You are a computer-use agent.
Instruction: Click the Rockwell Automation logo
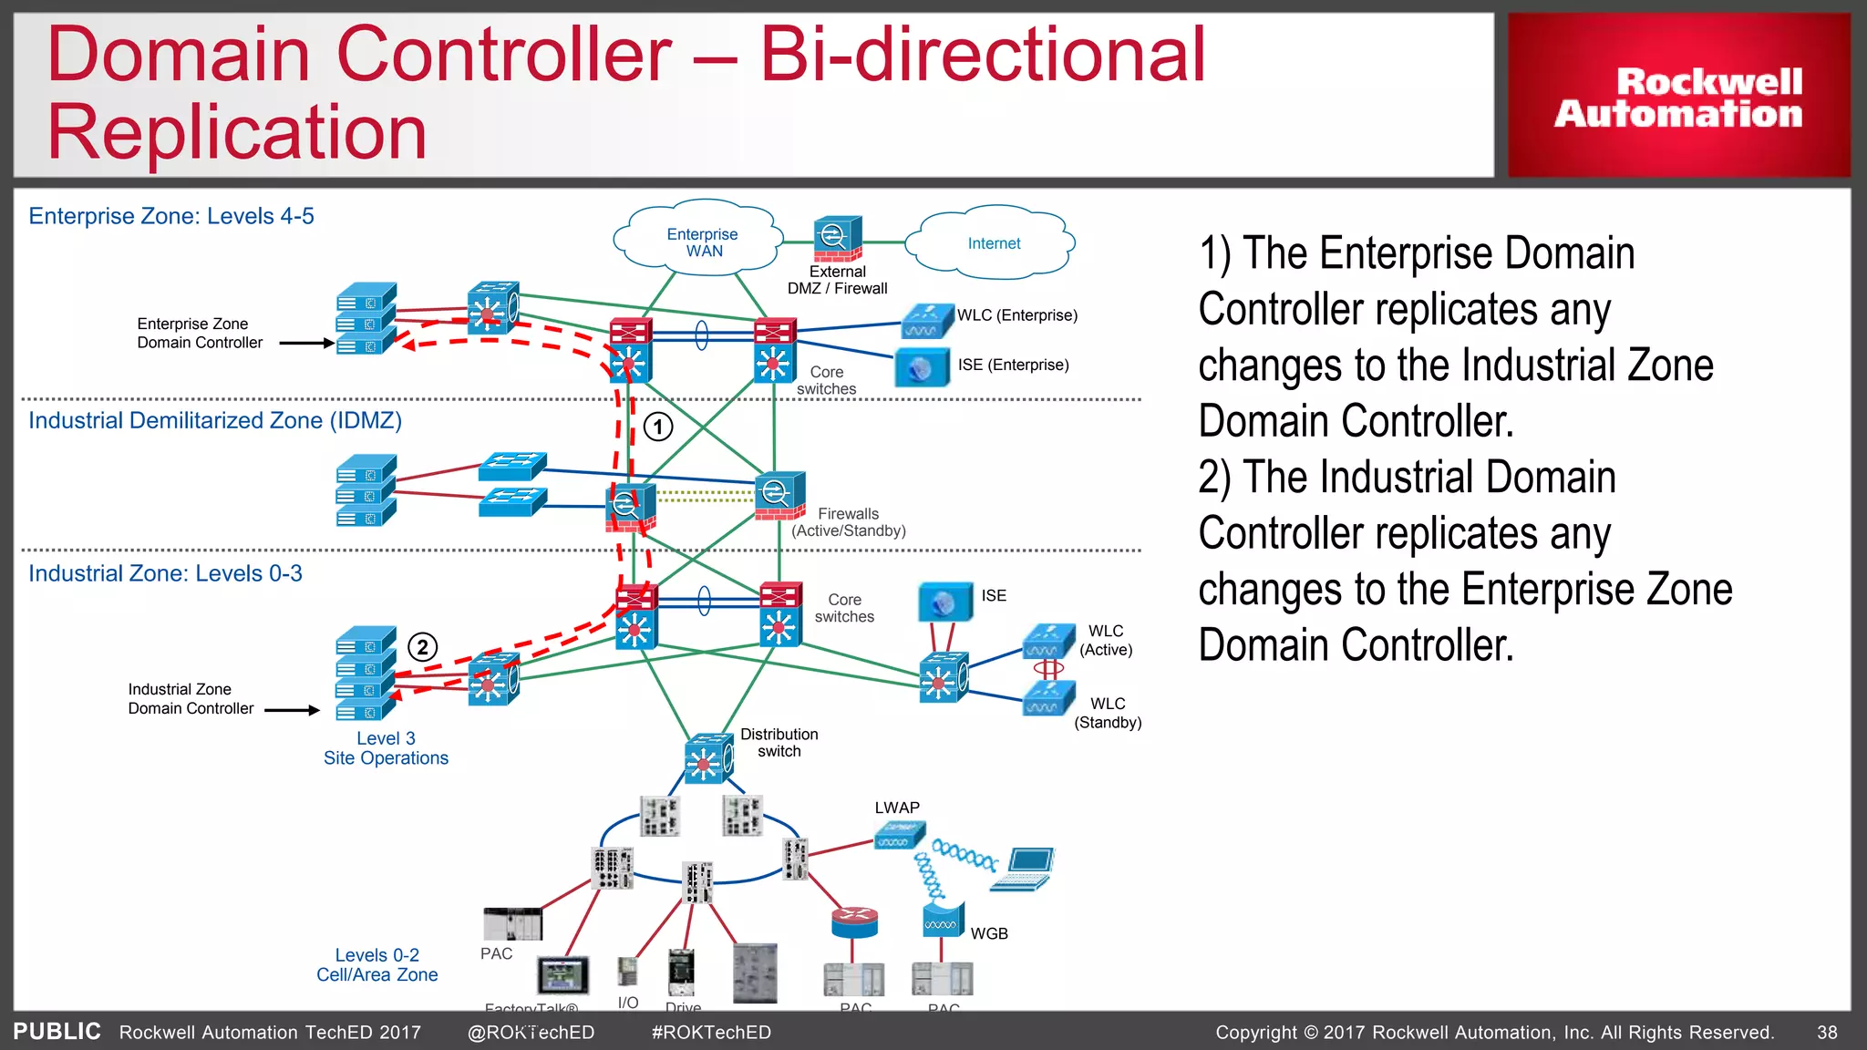pyautogui.click(x=1678, y=97)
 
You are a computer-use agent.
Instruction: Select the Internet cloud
pyautogui.click(x=994, y=243)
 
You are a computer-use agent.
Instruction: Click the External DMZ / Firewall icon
pyautogui.click(x=837, y=239)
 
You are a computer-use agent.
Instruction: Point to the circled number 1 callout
pyautogui.click(x=658, y=427)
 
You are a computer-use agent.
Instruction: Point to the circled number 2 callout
pyautogui.click(x=422, y=647)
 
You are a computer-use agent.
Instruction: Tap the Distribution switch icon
pyautogui.click(x=708, y=758)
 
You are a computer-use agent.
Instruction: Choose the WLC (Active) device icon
pyautogui.click(x=1048, y=641)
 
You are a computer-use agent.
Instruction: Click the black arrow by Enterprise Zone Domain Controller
pyautogui.click(x=306, y=344)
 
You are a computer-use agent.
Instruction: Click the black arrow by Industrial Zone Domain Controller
pyautogui.click(x=292, y=710)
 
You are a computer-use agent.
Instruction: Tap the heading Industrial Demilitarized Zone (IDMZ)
pyautogui.click(x=215, y=420)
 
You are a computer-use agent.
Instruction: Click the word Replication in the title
pyautogui.click(x=237, y=132)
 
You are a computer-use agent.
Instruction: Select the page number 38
pyautogui.click(x=1827, y=1032)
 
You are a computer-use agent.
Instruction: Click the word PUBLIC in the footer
pyautogui.click(x=57, y=1031)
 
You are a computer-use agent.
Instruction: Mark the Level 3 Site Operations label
pyautogui.click(x=386, y=748)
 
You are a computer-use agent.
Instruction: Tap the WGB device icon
pyautogui.click(x=942, y=921)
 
